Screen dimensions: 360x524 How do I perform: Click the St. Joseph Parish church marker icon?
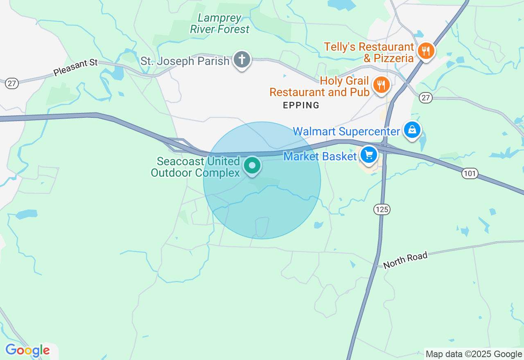pyautogui.click(x=242, y=60)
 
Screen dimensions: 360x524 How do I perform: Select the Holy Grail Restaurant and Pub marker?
pyautogui.click(x=381, y=85)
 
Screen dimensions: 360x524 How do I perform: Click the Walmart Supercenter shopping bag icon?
pyautogui.click(x=412, y=130)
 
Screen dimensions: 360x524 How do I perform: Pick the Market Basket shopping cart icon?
pyautogui.click(x=369, y=155)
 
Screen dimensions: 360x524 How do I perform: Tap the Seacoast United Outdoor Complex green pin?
pyautogui.click(x=252, y=166)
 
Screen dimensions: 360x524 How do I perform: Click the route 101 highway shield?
pyautogui.click(x=470, y=173)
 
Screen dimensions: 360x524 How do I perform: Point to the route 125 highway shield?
pyautogui.click(x=382, y=209)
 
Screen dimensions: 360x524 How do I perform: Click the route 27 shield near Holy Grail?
pyautogui.click(x=426, y=98)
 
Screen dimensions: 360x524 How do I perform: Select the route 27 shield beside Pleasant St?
pyautogui.click(x=11, y=83)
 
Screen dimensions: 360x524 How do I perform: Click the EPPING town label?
pyautogui.click(x=301, y=106)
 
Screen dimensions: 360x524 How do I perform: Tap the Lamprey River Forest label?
pyautogui.click(x=219, y=24)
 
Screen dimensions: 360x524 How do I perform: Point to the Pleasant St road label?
pyautogui.click(x=76, y=67)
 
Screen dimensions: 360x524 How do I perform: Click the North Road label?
pyautogui.click(x=405, y=260)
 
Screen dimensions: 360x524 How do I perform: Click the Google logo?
pyautogui.click(x=27, y=351)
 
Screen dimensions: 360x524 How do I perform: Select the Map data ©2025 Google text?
pyautogui.click(x=474, y=354)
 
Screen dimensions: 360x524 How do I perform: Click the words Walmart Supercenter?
pyautogui.click(x=346, y=132)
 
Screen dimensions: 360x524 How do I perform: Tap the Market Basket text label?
pyautogui.click(x=320, y=156)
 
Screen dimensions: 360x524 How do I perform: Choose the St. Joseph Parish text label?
pyautogui.click(x=185, y=61)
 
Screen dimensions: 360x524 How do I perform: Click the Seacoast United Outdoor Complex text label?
pyautogui.click(x=195, y=167)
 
